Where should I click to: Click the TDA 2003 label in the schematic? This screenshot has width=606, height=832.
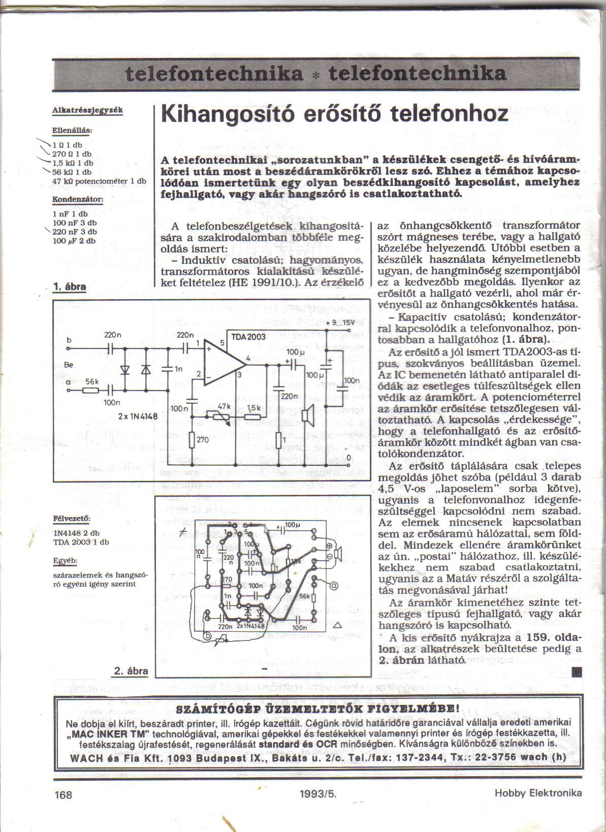pyautogui.click(x=248, y=337)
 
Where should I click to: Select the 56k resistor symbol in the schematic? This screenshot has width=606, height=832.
pyautogui.click(x=92, y=390)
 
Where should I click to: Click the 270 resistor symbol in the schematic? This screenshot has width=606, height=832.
pyautogui.click(x=192, y=440)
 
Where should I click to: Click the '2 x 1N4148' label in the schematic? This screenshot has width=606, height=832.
pyautogui.click(x=137, y=417)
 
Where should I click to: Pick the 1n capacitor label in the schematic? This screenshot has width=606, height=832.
pyautogui.click(x=178, y=369)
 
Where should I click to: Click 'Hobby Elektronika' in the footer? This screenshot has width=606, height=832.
pyautogui.click(x=537, y=793)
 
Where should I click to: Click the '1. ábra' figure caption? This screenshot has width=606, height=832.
pyautogui.click(x=70, y=287)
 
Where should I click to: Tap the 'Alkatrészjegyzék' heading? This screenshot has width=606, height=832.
pyautogui.click(x=87, y=110)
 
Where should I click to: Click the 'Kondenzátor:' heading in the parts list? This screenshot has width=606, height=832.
pyautogui.click(x=78, y=200)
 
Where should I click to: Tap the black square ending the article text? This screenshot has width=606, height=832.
pyautogui.click(x=576, y=673)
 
